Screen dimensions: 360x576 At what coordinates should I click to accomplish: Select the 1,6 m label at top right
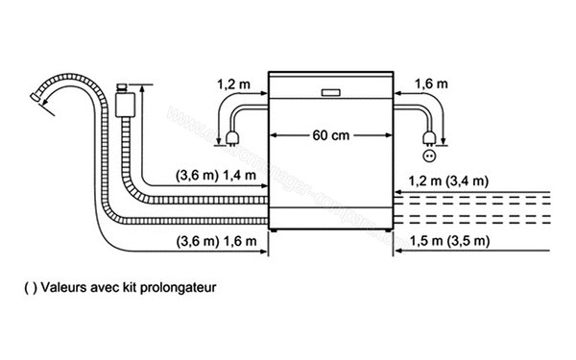click(x=431, y=84)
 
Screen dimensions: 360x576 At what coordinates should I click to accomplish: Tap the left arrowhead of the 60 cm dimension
click(x=272, y=135)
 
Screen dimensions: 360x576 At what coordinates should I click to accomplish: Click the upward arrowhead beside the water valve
click(x=142, y=88)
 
